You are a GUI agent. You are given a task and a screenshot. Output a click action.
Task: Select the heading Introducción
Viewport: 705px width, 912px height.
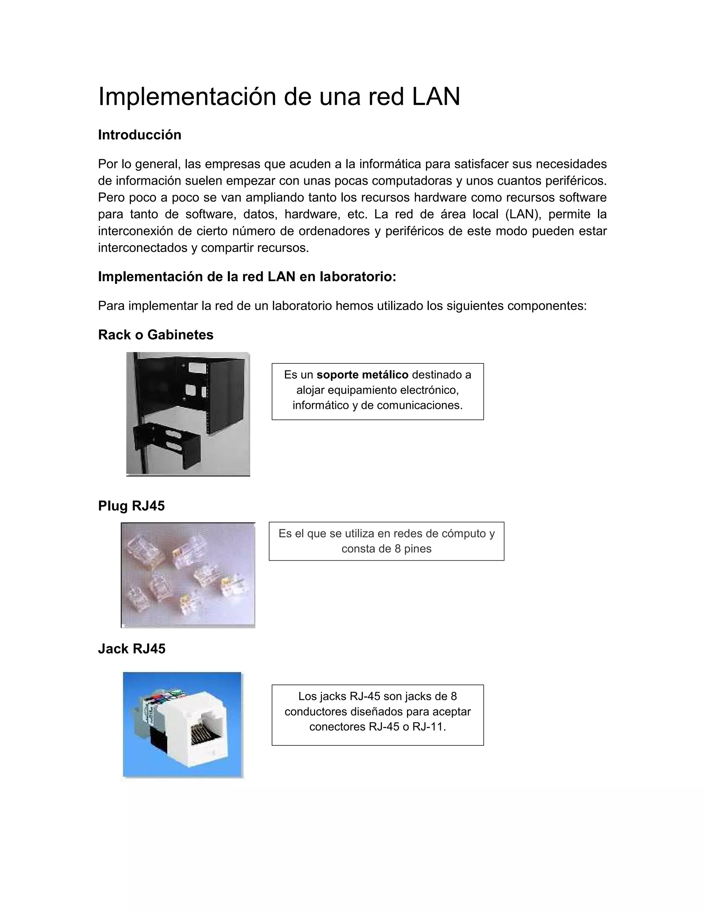139,135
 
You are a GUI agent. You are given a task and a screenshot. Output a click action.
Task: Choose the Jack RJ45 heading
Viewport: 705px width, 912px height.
132,648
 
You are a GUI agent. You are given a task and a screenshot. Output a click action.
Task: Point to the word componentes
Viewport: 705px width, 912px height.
547,306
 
